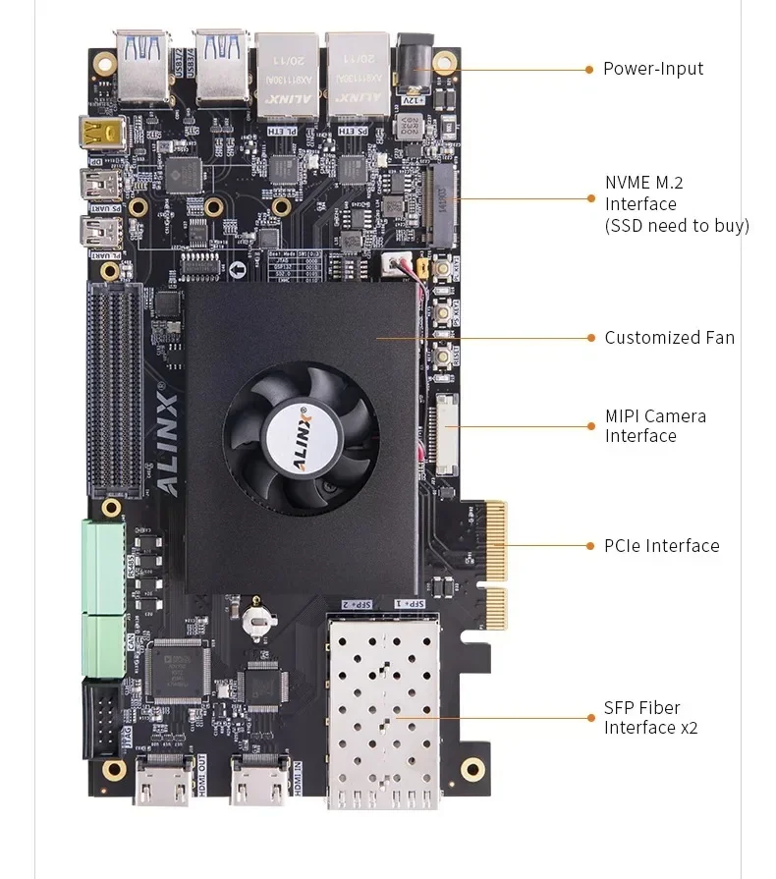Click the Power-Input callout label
[x=652, y=69]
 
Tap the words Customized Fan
[x=669, y=338]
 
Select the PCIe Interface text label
[x=661, y=546]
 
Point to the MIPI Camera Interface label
[x=655, y=426]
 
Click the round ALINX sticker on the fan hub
[x=300, y=432]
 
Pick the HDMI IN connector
[x=257, y=781]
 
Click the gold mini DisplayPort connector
[x=99, y=132]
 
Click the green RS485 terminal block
[x=102, y=567]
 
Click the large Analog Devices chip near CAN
[x=177, y=671]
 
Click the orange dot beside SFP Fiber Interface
[x=589, y=718]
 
